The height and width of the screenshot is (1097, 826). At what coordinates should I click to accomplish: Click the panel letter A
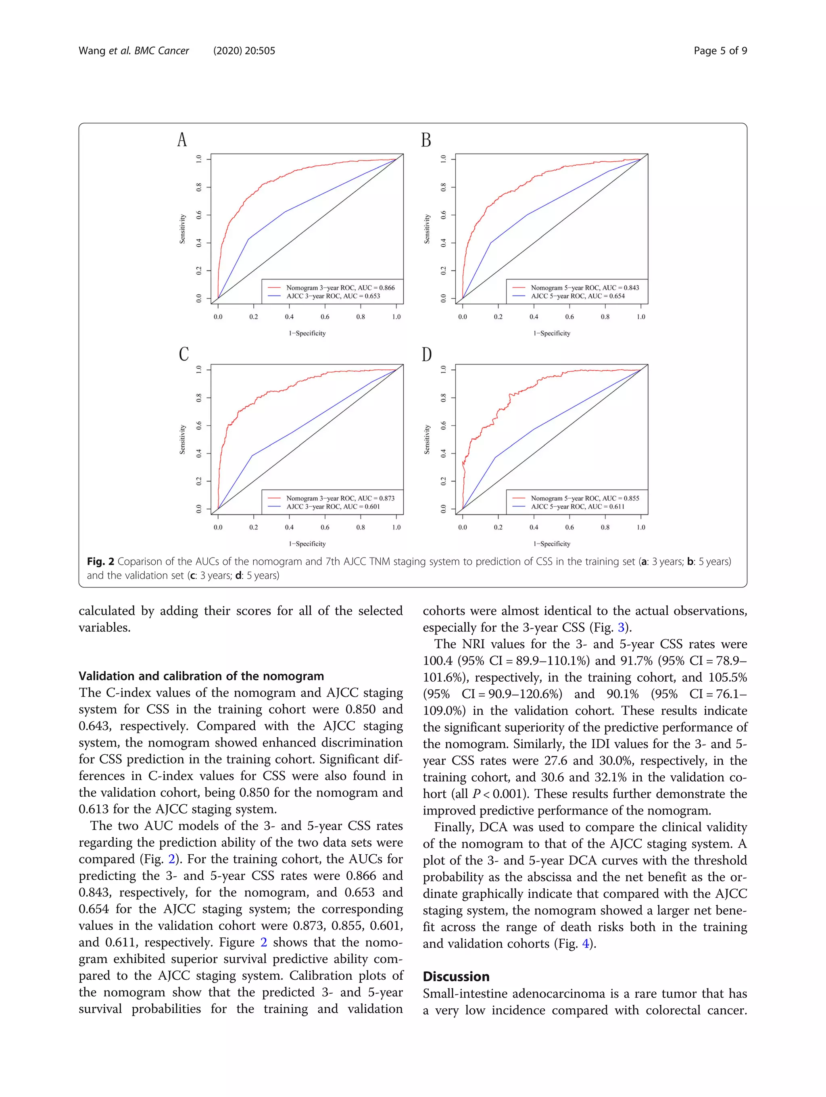point(182,140)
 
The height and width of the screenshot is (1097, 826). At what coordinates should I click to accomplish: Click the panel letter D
point(427,355)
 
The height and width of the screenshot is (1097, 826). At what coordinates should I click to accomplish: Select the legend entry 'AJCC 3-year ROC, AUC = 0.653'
point(332,296)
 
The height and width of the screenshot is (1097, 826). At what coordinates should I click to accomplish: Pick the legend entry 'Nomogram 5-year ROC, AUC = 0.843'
point(584,287)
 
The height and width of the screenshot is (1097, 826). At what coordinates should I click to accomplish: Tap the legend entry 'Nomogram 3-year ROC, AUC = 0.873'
point(340,498)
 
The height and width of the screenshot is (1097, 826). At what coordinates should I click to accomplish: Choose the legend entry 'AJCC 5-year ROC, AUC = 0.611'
point(577,506)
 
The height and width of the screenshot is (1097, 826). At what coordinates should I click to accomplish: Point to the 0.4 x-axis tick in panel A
point(289,316)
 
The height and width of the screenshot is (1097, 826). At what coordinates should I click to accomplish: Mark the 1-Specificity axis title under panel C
point(307,543)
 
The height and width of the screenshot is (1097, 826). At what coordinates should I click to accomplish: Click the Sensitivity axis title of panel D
point(427,439)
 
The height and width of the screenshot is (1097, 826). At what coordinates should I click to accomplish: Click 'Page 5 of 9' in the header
point(720,50)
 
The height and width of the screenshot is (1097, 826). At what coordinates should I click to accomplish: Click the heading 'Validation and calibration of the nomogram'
point(201,676)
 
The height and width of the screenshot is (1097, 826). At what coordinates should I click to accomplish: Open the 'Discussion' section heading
point(455,976)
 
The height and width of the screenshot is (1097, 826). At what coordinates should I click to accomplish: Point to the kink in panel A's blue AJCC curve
point(248,239)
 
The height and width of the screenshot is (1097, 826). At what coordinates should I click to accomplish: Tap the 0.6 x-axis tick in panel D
point(569,527)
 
